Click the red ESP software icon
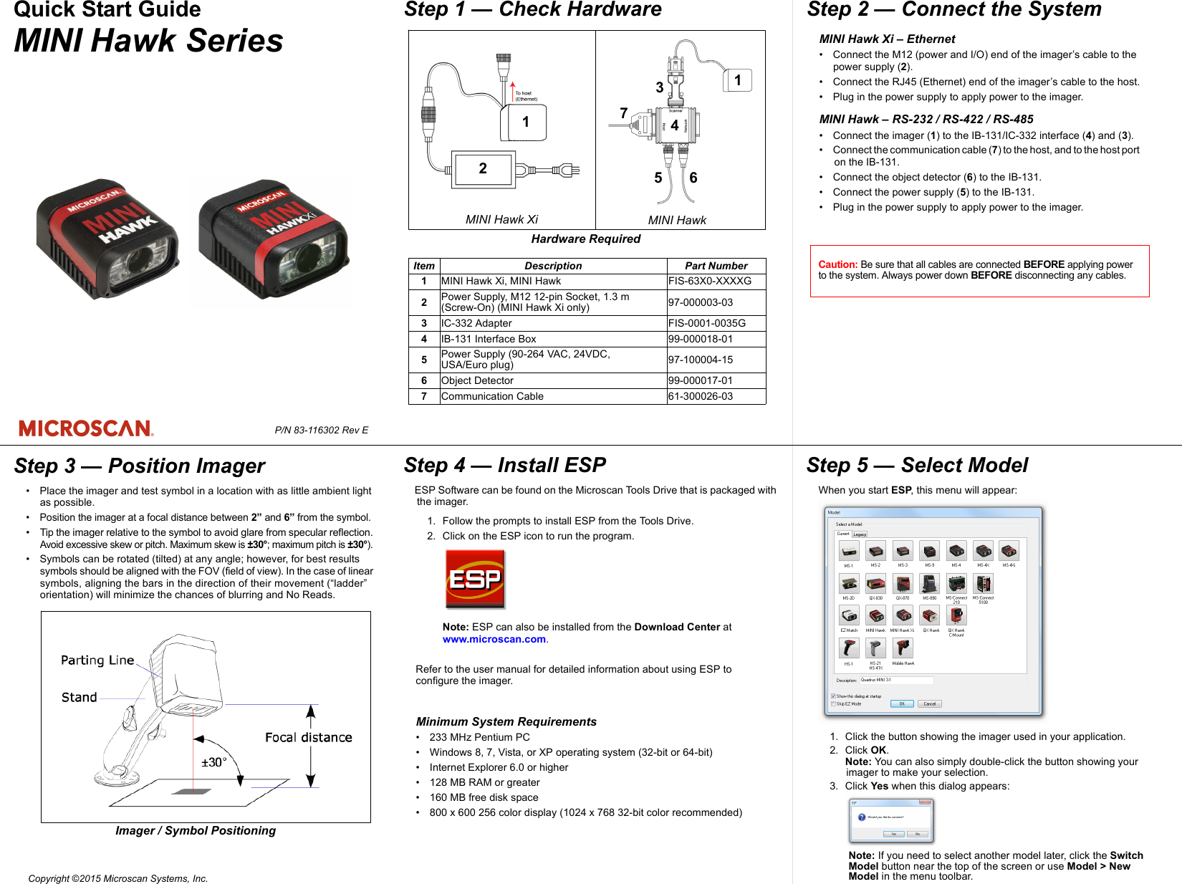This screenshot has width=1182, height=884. pyautogui.click(x=475, y=579)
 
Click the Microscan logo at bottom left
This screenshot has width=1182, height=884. pyautogui.click(x=86, y=428)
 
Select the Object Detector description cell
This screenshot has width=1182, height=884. pyautogui.click(x=478, y=380)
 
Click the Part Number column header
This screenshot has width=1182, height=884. pyautogui.click(x=716, y=266)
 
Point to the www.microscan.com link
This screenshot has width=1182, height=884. pyautogui.click(x=494, y=639)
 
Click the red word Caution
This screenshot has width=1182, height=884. pyautogui.click(x=837, y=264)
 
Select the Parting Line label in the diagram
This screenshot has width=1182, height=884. pyautogui.click(x=97, y=660)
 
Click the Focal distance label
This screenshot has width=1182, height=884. pyautogui.click(x=308, y=737)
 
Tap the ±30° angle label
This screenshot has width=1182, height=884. pyautogui.click(x=213, y=762)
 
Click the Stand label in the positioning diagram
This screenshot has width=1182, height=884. pyautogui.click(x=79, y=697)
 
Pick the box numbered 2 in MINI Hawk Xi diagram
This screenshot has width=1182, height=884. pyautogui.click(x=482, y=169)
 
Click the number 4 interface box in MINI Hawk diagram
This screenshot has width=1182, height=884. pyautogui.click(x=674, y=125)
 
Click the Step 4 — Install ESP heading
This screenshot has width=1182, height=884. pyautogui.click(x=504, y=466)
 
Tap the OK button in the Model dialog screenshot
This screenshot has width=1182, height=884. pyautogui.click(x=901, y=703)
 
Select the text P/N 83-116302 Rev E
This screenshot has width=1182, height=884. pyautogui.click(x=321, y=430)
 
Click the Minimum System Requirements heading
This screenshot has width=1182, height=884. pyautogui.click(x=506, y=721)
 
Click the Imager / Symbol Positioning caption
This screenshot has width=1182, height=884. pyautogui.click(x=196, y=830)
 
